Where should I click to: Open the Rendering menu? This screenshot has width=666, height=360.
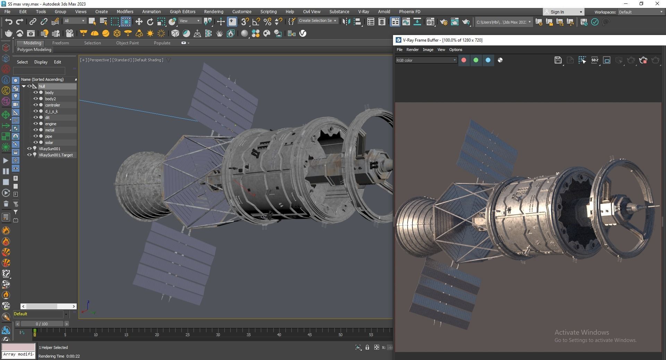click(x=213, y=11)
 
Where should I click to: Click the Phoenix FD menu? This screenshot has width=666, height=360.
click(x=409, y=11)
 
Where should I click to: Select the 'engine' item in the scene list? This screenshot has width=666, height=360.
click(x=51, y=124)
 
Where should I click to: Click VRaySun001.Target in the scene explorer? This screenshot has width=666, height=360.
click(x=55, y=155)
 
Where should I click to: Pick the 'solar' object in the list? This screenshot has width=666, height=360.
click(x=49, y=143)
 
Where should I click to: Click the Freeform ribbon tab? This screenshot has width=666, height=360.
click(x=60, y=43)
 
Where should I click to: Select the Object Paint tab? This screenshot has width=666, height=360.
click(x=127, y=43)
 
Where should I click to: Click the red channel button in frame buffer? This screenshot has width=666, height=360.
click(x=464, y=60)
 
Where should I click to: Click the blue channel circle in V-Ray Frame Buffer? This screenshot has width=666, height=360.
click(x=488, y=60)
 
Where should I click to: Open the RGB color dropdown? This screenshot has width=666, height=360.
click(x=426, y=60)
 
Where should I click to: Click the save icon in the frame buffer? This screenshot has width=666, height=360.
click(x=558, y=60)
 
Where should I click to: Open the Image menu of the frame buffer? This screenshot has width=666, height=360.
click(x=428, y=50)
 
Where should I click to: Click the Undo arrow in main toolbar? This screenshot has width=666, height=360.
click(x=9, y=22)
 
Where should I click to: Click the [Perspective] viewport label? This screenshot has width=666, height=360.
click(x=100, y=60)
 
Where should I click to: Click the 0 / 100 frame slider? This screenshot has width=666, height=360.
click(x=42, y=324)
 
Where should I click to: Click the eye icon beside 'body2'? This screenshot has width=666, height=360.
click(x=35, y=99)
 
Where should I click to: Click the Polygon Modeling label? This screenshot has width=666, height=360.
click(x=34, y=50)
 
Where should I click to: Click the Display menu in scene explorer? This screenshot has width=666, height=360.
click(x=41, y=62)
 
